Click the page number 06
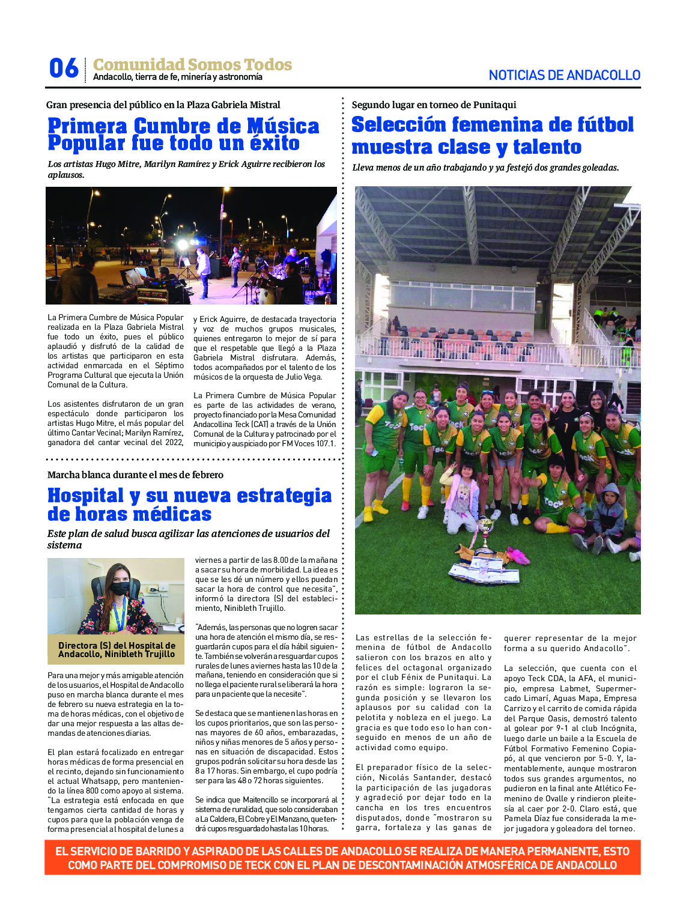click(64, 68)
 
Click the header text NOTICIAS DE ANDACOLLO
click(564, 76)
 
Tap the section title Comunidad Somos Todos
click(192, 64)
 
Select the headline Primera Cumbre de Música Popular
click(183, 135)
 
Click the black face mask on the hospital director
click(119, 589)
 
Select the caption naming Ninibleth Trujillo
click(117, 650)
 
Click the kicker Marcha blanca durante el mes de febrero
click(135, 475)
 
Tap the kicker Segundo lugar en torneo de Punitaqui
click(434, 105)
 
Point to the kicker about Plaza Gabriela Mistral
click(163, 105)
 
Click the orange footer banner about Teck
click(342, 858)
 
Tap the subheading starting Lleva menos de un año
click(485, 168)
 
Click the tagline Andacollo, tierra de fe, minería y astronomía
click(178, 77)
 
